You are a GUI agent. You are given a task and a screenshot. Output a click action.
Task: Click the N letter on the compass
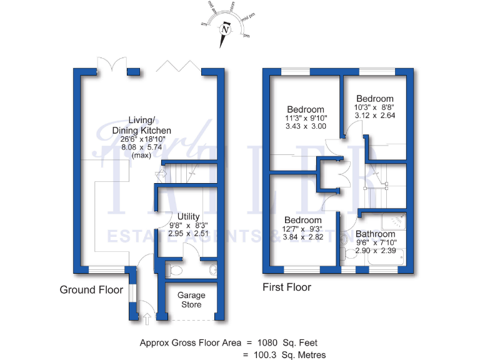point(226,30)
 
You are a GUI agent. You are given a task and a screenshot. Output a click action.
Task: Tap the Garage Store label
point(191,300)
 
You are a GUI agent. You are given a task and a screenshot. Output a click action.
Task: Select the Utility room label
point(188,216)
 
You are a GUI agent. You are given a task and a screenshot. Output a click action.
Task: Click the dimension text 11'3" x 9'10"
point(305,117)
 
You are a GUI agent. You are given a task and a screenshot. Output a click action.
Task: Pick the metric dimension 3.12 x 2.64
point(374,115)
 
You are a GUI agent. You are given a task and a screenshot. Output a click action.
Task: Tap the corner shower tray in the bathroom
point(397,219)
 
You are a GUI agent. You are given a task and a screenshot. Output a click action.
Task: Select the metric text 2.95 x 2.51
point(188,233)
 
